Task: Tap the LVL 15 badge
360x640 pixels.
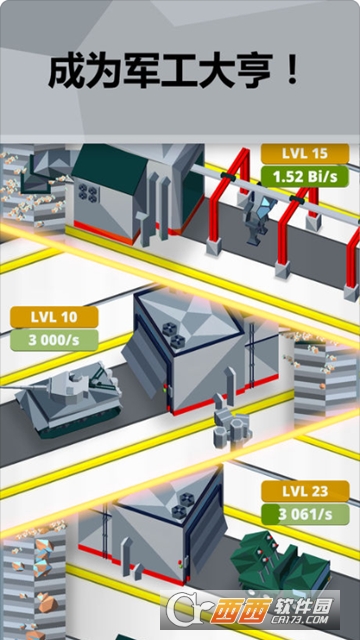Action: coord(306,154)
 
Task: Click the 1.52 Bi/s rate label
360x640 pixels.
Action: coord(306,175)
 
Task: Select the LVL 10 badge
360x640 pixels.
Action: coord(55,318)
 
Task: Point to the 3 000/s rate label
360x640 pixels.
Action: coord(55,339)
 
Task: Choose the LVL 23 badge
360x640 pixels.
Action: coord(306,491)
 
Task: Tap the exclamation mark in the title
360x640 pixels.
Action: coord(292,72)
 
